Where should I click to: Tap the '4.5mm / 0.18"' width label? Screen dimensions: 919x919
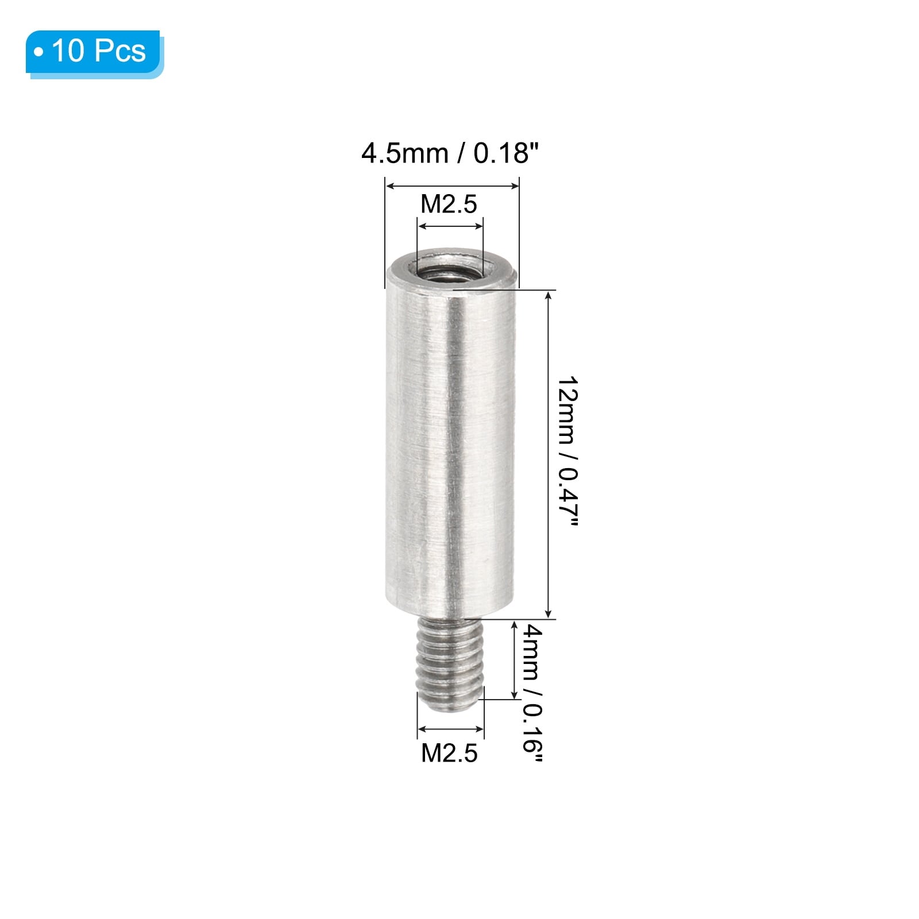pos(451,154)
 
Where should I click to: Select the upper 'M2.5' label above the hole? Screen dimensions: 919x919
pos(449,204)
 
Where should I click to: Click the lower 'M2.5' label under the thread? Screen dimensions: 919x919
pos(449,753)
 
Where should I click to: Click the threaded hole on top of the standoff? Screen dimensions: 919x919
pos(450,267)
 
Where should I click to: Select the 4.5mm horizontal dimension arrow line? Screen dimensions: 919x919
pos(452,186)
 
